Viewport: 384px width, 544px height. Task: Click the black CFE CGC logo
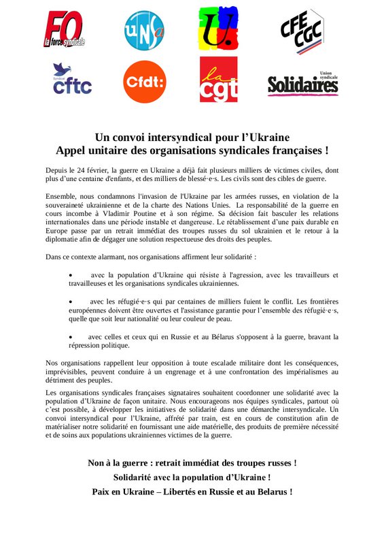pyautogui.click(x=304, y=30)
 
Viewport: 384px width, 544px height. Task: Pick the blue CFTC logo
pyautogui.click(x=71, y=79)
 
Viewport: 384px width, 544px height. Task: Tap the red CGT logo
pyautogui.click(x=218, y=79)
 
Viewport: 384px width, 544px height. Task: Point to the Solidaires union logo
pyautogui.click(x=303, y=82)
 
